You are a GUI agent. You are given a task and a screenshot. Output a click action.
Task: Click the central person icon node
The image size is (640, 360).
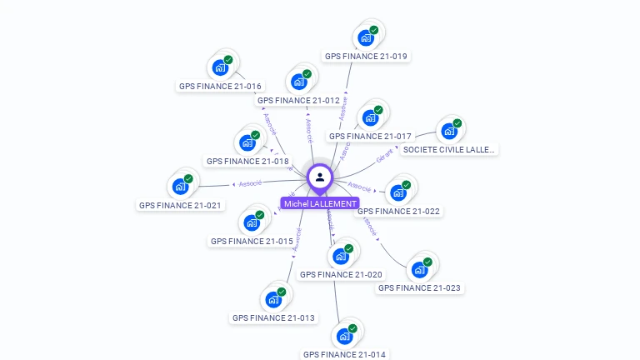click(320, 177)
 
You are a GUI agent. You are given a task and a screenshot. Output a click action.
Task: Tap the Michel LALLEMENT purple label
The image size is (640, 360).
click(320, 203)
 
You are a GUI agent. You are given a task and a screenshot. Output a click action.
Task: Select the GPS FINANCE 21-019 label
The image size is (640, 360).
click(367, 57)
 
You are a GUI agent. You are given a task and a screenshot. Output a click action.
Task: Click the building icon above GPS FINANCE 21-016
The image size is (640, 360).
click(221, 67)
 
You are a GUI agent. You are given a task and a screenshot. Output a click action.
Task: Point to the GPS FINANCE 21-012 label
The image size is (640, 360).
click(298, 100)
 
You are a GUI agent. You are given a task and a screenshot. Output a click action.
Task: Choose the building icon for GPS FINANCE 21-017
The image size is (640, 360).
click(370, 117)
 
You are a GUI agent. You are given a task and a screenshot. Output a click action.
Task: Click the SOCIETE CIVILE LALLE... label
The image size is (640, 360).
click(448, 150)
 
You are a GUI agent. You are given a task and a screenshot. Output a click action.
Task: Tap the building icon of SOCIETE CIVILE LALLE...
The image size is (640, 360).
click(449, 132)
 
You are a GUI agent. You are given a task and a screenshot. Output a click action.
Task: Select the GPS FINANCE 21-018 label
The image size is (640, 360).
click(247, 161)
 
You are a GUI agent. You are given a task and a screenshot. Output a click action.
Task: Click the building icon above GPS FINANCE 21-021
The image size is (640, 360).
click(180, 186)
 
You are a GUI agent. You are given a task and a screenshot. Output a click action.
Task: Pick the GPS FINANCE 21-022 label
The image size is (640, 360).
click(398, 211)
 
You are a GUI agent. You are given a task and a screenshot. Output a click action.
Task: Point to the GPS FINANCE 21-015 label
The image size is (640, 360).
click(252, 241)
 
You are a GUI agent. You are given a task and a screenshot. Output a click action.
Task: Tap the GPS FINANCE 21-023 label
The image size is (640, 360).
click(419, 288)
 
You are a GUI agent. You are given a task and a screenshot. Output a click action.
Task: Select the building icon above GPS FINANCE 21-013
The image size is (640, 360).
click(273, 299)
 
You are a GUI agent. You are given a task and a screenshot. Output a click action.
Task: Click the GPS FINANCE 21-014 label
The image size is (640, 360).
click(345, 354)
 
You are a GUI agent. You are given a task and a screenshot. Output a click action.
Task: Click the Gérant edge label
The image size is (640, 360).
click(384, 156)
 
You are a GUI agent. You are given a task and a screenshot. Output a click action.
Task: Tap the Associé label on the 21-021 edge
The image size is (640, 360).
click(250, 182)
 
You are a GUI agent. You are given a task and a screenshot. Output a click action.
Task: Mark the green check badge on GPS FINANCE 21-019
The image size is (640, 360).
click(374, 30)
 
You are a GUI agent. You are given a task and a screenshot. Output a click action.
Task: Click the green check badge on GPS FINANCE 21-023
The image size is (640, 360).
click(427, 262)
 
